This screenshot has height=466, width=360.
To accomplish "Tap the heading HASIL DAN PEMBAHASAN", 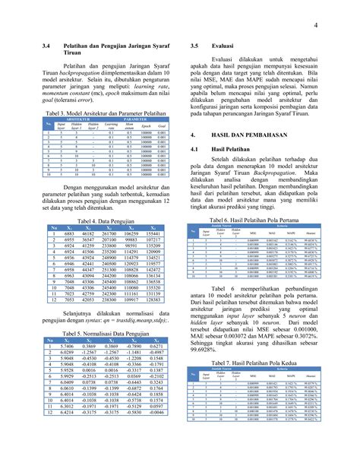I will [x=253, y=133].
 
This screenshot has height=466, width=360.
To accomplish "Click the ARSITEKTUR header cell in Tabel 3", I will [x=74, y=119].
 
